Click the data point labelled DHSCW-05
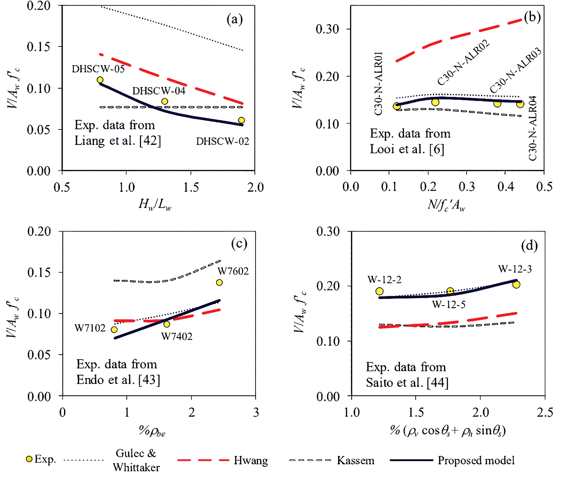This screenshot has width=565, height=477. (100, 80)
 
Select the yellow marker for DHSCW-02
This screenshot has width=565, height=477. (241, 120)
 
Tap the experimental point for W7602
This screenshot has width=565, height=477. (219, 282)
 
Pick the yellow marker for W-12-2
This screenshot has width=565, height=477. (379, 291)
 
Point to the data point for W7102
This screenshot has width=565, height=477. (114, 330)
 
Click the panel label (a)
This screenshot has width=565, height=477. (235, 20)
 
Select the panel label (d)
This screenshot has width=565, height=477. (529, 246)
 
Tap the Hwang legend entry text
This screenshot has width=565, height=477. (251, 460)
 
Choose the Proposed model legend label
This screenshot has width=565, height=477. (476, 460)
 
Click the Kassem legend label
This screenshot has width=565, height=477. (355, 460)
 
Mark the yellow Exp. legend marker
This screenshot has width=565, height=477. (29, 459)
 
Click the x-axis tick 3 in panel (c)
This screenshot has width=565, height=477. (256, 412)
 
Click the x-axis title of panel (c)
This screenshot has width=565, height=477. (152, 432)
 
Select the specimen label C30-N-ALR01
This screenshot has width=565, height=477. (378, 84)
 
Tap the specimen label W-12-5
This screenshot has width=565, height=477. (449, 304)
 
